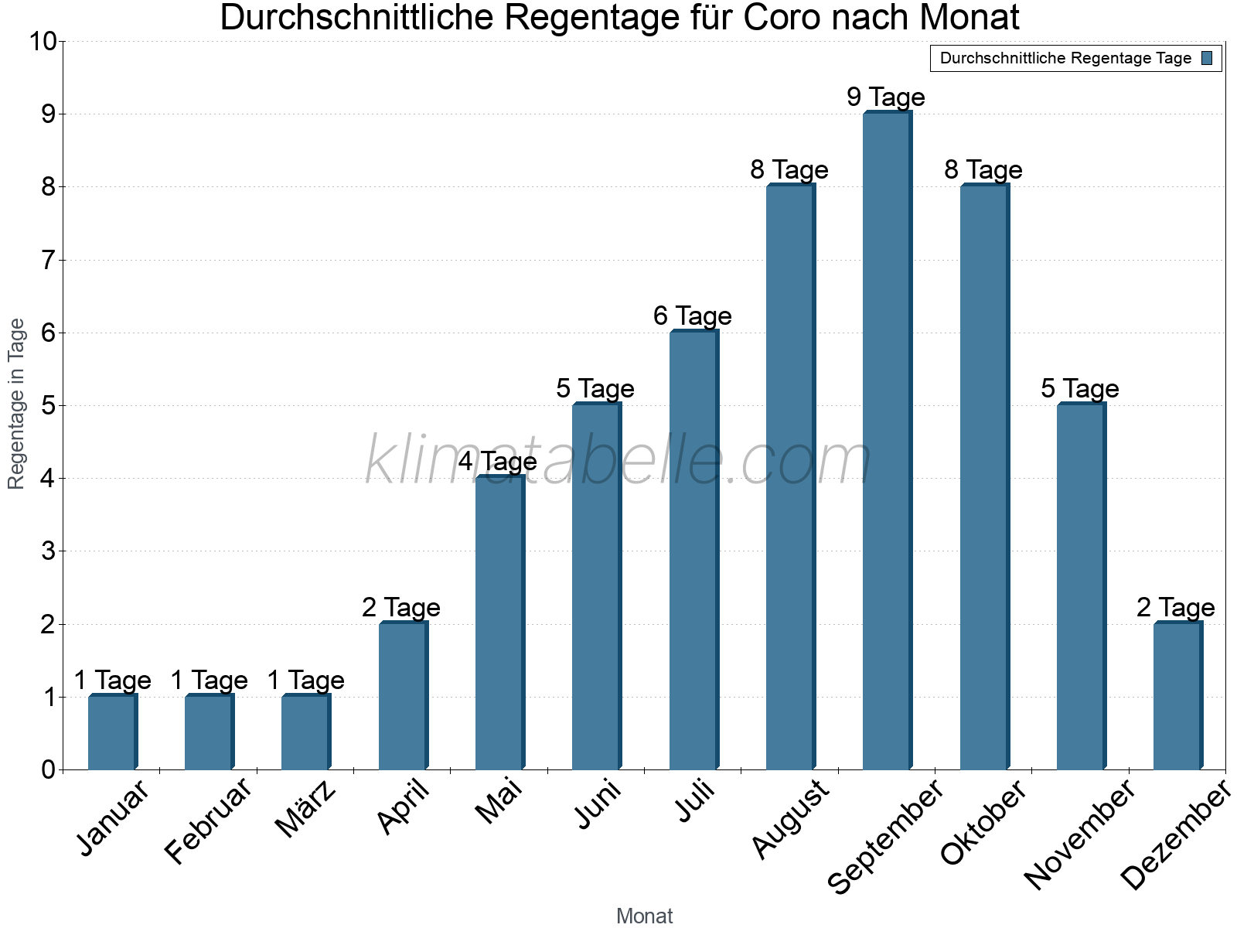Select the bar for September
pos(887,441)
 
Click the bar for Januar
pos(112,732)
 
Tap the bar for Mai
pos(499,623)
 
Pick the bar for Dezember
pos(1177,696)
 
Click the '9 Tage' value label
pos(885,97)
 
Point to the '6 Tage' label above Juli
pos(692,316)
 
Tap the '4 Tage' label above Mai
pos(497,462)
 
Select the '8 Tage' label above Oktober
pos(983,170)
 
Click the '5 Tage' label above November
pos(1079,389)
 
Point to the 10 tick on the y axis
pos(43,41)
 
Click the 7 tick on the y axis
pos(49,260)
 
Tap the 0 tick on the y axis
pos(49,769)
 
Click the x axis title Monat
pos(644,916)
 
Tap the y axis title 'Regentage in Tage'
pos(16,404)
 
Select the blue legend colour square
pos(1207,58)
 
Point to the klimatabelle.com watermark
pos(618,461)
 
